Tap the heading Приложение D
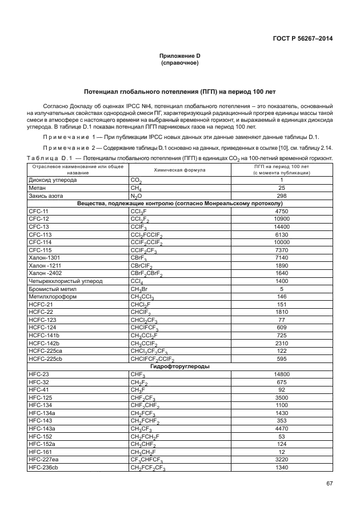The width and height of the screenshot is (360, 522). click(x=179, y=55)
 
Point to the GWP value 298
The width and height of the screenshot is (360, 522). click(x=281, y=195)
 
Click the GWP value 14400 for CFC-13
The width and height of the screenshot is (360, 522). click(x=281, y=226)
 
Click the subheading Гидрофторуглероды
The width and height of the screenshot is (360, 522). click(x=179, y=366)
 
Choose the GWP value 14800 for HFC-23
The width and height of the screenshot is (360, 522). click(x=281, y=374)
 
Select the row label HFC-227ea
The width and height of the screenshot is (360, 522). click(x=43, y=459)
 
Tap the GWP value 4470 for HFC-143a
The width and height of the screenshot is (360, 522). click(x=281, y=428)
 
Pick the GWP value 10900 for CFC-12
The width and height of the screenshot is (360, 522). click(x=281, y=218)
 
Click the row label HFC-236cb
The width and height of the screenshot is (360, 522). click(x=43, y=467)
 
